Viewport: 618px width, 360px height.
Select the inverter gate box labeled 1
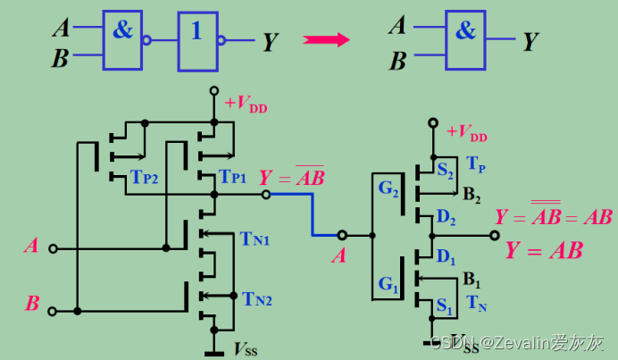click(197, 40)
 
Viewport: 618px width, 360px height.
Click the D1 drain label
click(446, 259)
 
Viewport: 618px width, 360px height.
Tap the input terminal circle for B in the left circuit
click(52, 310)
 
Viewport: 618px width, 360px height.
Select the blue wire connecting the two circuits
click(312, 214)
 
